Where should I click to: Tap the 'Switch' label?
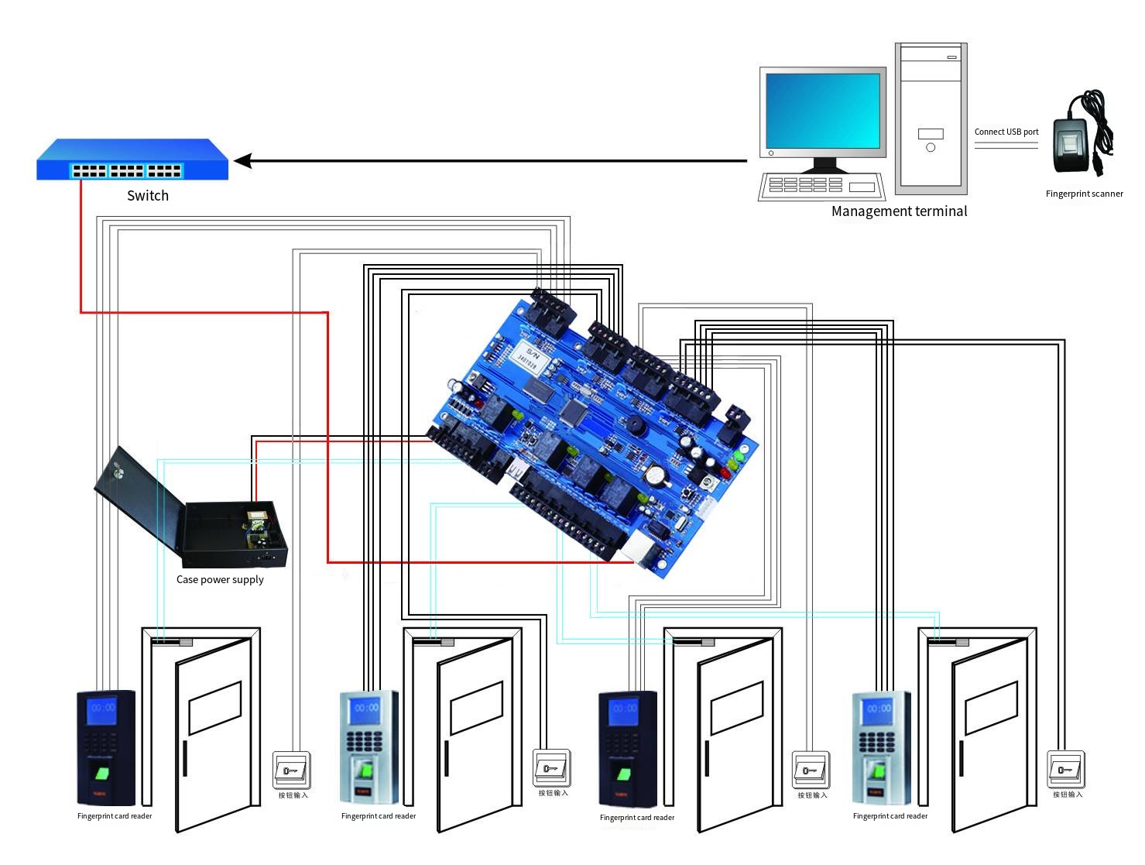[x=147, y=196]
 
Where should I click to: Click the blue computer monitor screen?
[x=823, y=110]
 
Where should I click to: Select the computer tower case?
[x=931, y=118]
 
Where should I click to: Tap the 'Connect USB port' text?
[x=1006, y=132]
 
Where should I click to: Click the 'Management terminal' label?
[x=899, y=211]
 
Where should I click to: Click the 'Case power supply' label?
[x=220, y=580]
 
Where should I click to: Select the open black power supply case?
[x=194, y=511]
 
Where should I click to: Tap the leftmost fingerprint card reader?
[x=106, y=748]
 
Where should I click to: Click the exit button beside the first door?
[x=292, y=770]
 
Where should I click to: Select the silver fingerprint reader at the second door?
[x=369, y=748]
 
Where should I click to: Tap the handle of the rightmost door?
[x=961, y=758]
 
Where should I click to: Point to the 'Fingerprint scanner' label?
[x=1084, y=194]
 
